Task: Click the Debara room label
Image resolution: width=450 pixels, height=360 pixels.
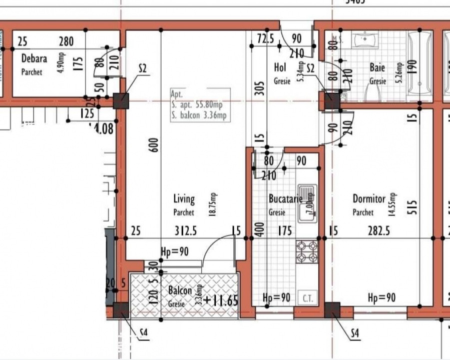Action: click(x=34, y=59)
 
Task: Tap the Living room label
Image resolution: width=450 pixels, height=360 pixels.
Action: click(x=184, y=200)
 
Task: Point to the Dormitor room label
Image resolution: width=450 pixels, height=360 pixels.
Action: click(x=369, y=199)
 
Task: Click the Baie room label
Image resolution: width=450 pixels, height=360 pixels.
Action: click(x=377, y=67)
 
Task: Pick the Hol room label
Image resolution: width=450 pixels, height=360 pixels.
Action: click(x=280, y=67)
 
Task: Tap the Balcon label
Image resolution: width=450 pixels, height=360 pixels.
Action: click(x=180, y=291)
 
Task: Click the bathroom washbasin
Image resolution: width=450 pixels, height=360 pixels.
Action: click(x=367, y=38)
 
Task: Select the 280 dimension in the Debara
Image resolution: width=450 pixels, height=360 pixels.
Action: click(x=66, y=42)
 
